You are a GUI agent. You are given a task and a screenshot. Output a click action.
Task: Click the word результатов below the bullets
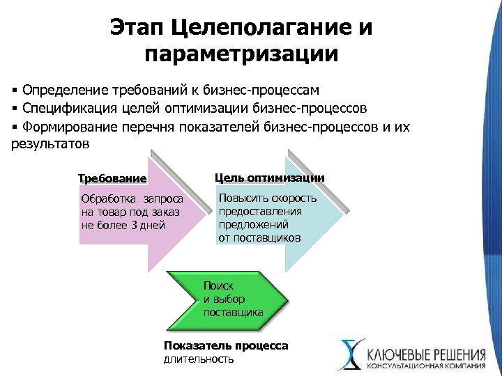coord(51,145)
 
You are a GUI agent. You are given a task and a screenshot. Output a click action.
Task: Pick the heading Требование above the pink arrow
coord(112,178)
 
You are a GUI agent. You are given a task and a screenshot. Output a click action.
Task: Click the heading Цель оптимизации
coord(269,178)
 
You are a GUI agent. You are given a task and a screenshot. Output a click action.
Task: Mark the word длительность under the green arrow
coord(199,359)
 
